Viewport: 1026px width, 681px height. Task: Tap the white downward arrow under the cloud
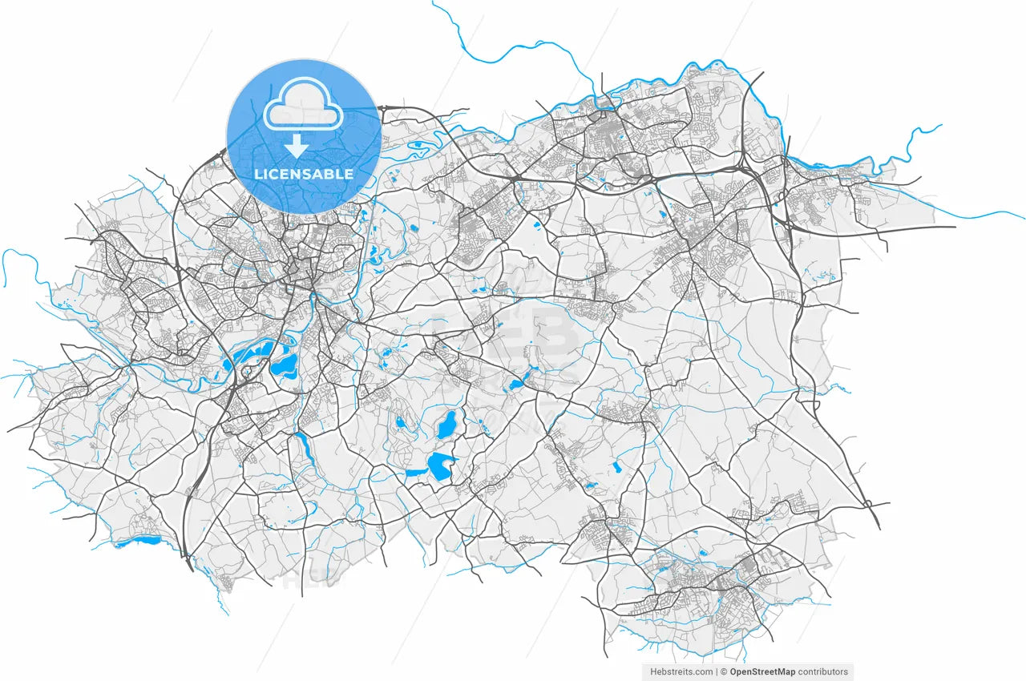[x=297, y=146]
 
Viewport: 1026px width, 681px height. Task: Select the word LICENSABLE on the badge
[x=304, y=174]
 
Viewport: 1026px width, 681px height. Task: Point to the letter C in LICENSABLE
[x=277, y=174]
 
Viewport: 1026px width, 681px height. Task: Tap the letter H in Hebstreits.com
[x=651, y=671]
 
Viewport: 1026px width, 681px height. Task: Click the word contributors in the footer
[x=825, y=671]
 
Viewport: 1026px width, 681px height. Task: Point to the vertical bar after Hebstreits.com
[x=716, y=671]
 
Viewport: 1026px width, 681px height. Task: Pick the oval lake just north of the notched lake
[x=446, y=425]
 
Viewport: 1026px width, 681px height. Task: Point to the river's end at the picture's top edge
[x=434, y=2]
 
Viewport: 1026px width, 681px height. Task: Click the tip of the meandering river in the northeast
[x=939, y=126]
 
